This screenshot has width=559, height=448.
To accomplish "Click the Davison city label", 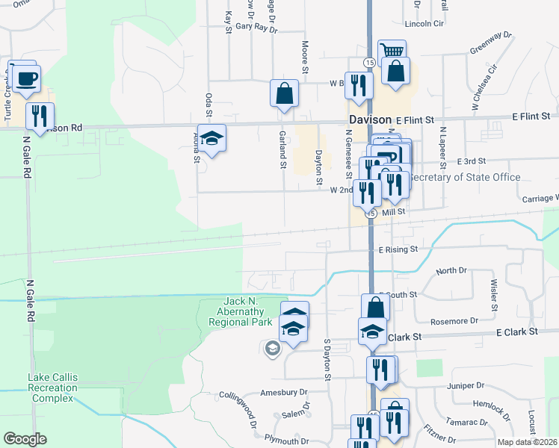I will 370,119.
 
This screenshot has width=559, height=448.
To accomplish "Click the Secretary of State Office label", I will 465,178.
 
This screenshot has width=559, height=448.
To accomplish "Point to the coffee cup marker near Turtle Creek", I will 26,78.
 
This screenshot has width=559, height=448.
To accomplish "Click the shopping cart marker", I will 392,51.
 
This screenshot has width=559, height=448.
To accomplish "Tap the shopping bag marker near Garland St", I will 285,94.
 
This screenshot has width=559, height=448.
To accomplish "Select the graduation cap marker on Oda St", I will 212,138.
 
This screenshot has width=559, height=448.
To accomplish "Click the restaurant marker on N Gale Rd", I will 40,116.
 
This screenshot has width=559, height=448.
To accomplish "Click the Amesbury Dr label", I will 283,392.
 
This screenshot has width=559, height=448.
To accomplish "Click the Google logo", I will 25,439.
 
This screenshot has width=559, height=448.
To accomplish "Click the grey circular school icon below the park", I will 272,347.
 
